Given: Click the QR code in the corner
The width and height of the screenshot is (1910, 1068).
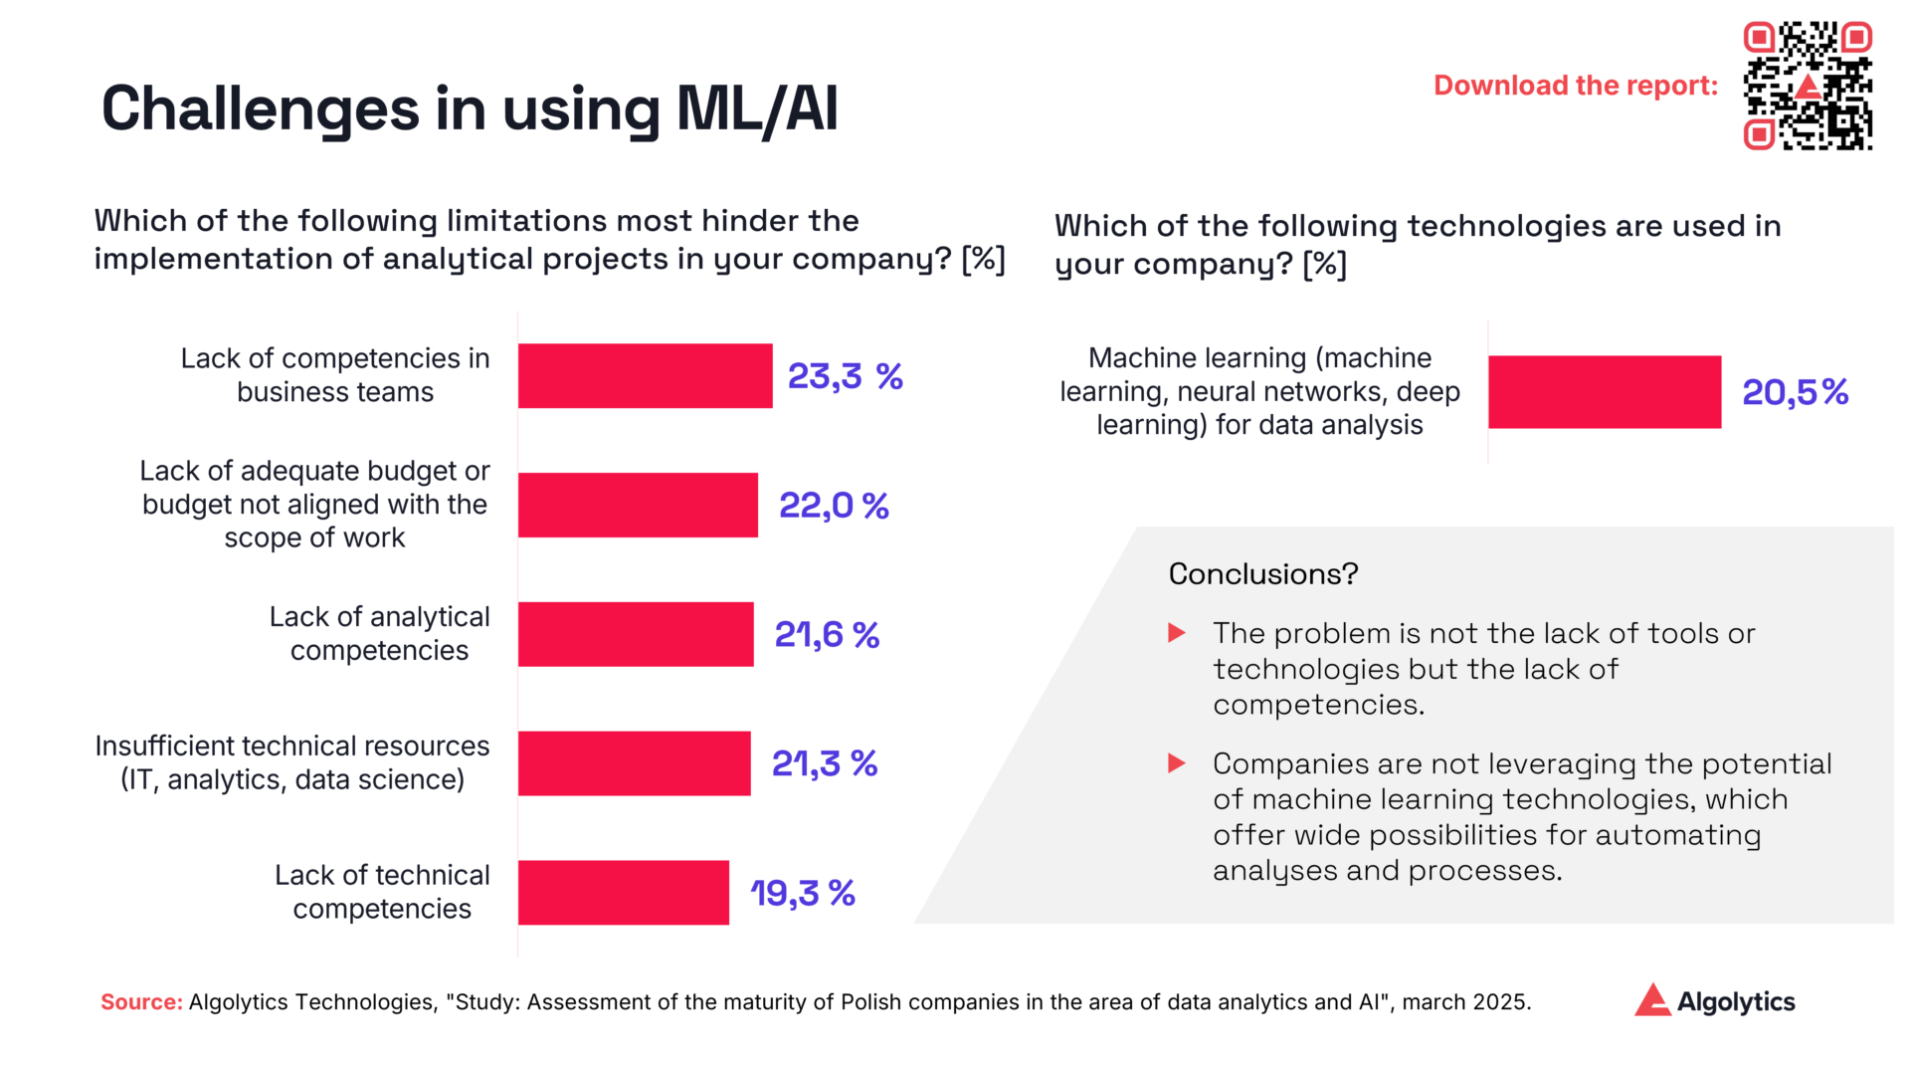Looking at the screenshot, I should (x=1808, y=86).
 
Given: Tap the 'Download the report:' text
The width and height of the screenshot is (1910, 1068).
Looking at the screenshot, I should (x=1575, y=86).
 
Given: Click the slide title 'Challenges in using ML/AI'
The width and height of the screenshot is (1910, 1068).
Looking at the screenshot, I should (x=470, y=107).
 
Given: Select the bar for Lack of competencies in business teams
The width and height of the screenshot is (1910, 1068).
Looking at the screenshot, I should (x=645, y=376).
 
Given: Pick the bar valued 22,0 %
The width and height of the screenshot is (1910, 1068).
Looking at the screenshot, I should (x=638, y=505).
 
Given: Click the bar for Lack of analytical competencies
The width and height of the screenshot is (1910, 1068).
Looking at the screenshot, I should (x=636, y=634).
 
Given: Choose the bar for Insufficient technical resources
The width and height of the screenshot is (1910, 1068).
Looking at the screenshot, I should (x=634, y=763).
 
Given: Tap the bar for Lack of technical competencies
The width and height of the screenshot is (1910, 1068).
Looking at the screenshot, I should (x=624, y=893).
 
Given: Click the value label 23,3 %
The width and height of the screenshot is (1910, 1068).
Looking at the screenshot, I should (x=845, y=376).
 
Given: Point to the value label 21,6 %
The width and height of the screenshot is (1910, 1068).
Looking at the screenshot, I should (x=827, y=634).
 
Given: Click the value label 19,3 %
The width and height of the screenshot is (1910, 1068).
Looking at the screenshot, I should (x=802, y=893).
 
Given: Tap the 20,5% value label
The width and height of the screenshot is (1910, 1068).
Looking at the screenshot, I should (x=1795, y=392).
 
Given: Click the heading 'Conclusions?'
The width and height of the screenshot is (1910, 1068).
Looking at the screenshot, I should (x=1262, y=574).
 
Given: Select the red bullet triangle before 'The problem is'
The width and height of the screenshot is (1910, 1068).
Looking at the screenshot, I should (x=1176, y=633).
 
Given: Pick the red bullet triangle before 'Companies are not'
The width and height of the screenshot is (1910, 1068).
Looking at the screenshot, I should (x=1176, y=763).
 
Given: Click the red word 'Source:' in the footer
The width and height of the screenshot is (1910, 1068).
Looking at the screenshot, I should (x=141, y=1002).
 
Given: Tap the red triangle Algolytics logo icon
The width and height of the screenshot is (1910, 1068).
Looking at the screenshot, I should (x=1652, y=1000).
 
